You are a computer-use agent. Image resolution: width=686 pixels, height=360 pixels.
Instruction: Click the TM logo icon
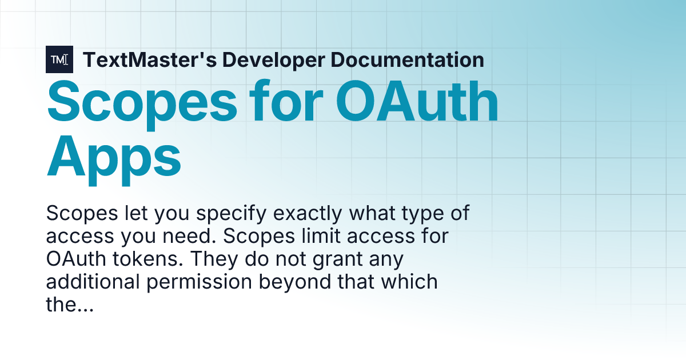[x=59, y=59]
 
